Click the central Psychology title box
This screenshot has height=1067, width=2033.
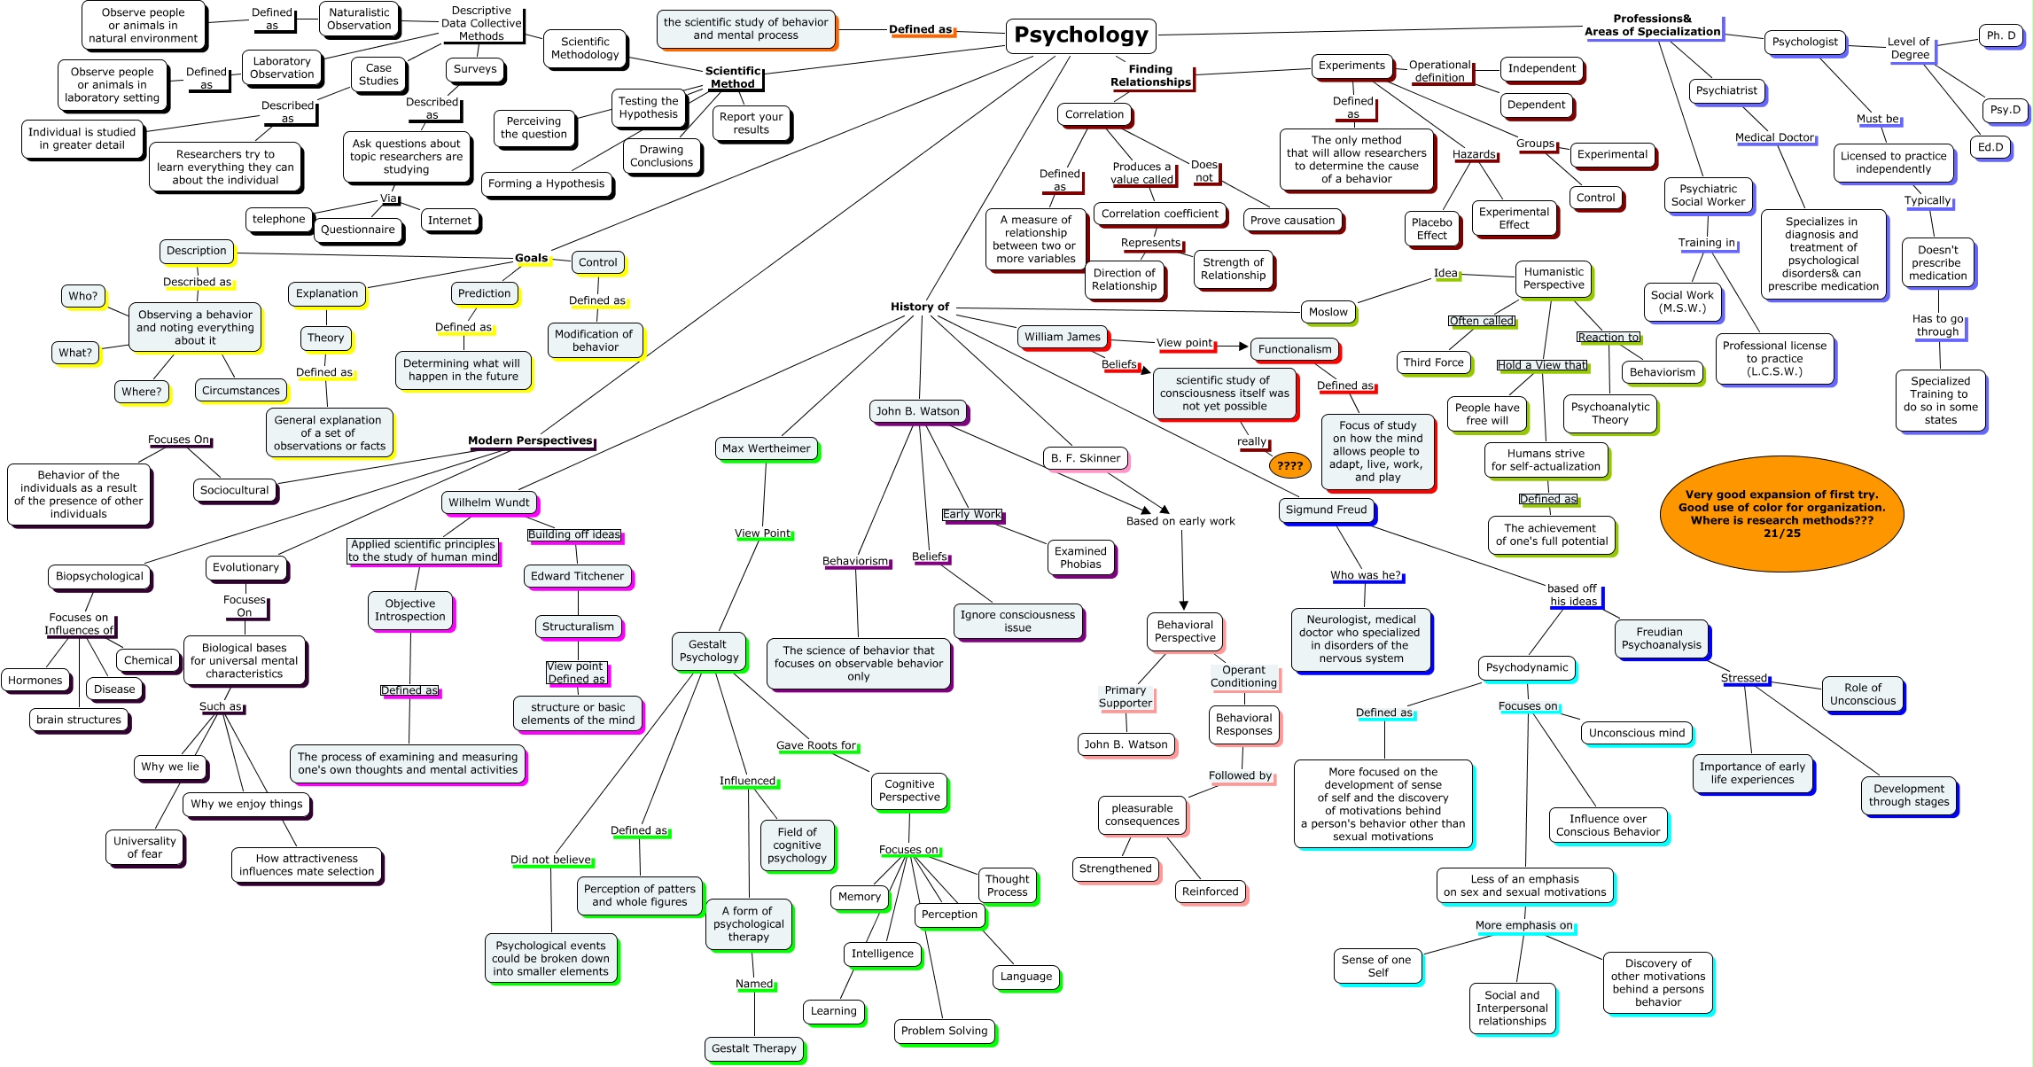click(x=1080, y=35)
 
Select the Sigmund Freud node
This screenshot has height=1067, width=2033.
click(x=1326, y=510)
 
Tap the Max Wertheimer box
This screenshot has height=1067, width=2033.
click(x=766, y=448)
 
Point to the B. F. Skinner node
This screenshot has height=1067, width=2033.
click(x=1085, y=458)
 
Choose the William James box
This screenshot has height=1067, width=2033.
click(x=1062, y=337)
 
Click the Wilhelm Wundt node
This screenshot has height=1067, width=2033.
click(x=488, y=502)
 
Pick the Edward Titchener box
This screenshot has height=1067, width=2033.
click(x=577, y=576)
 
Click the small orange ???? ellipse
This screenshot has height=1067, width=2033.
click(x=1289, y=465)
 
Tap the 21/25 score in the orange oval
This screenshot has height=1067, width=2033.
click(x=1781, y=533)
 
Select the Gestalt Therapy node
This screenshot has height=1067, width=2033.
click(x=753, y=1048)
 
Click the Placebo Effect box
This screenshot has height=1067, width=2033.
click(x=1431, y=229)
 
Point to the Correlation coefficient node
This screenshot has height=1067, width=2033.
click(x=1159, y=214)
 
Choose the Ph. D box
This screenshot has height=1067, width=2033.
click(x=2000, y=35)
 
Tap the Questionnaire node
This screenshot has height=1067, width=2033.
click(x=357, y=230)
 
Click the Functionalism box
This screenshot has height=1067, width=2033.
click(x=1294, y=349)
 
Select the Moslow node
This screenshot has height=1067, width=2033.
click(x=1328, y=312)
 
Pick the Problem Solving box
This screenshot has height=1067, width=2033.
click(x=944, y=1031)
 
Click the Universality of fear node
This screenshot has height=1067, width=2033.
click(x=144, y=847)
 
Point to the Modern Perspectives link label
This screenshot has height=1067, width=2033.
click(x=530, y=440)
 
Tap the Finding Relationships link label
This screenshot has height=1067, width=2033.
click(x=1150, y=75)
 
